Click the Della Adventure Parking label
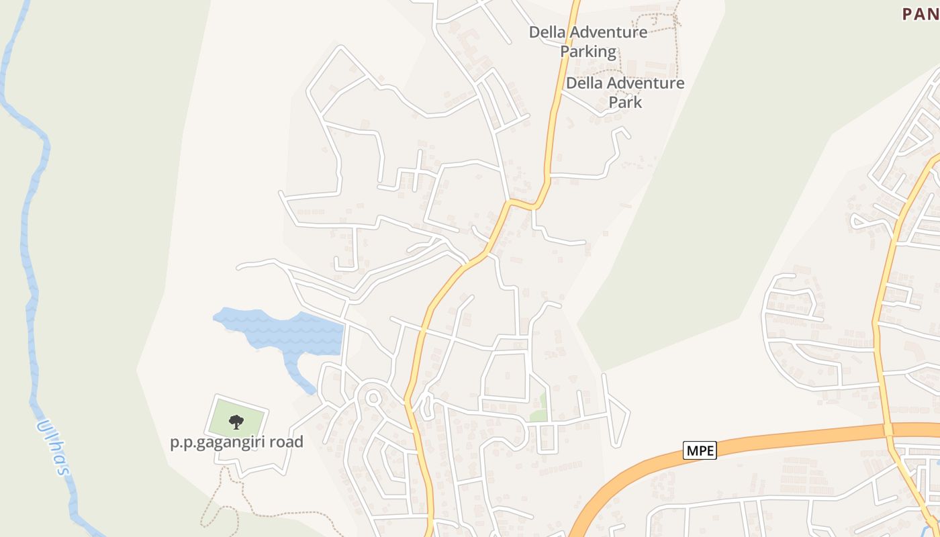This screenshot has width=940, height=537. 588,42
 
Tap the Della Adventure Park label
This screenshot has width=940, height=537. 625,93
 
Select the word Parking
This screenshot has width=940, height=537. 588,52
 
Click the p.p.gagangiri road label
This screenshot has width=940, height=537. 236,442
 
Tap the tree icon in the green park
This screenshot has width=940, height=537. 236,422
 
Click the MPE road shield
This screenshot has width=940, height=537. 700,450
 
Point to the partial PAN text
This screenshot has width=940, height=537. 920,13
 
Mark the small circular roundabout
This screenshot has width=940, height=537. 374,399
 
